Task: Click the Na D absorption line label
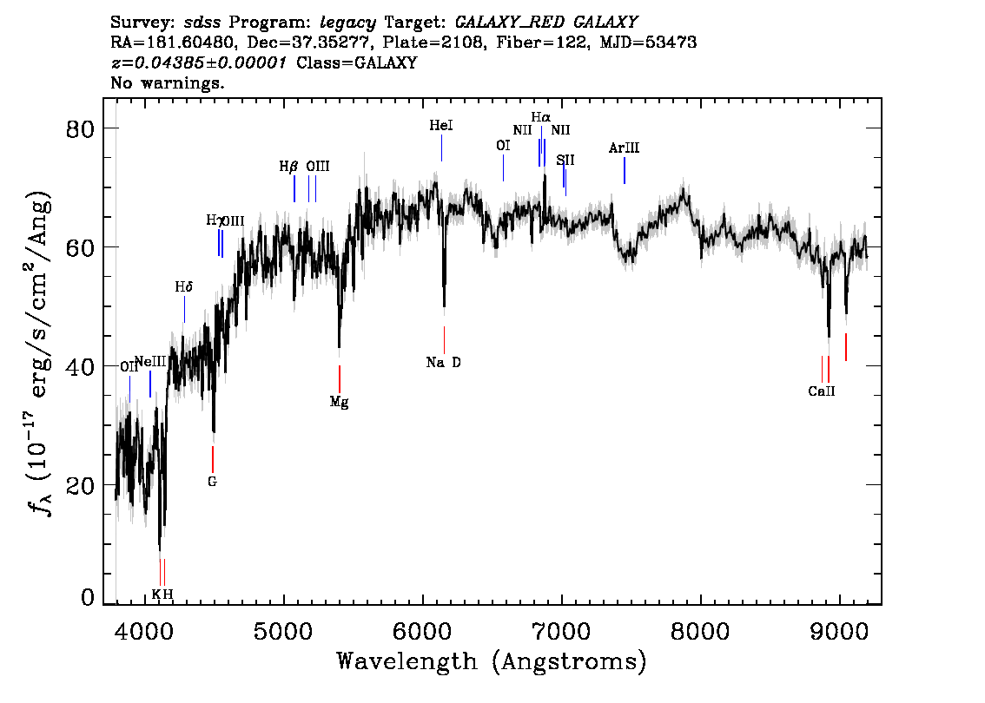click(x=443, y=362)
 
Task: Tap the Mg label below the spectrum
click(x=340, y=402)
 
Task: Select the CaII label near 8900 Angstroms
click(x=822, y=391)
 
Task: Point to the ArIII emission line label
click(x=624, y=148)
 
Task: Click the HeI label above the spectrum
click(x=441, y=126)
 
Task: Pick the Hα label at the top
click(x=541, y=117)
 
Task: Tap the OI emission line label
click(x=503, y=146)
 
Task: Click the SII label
click(x=565, y=160)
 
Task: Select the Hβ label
click(x=288, y=167)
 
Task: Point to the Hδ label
click(x=183, y=287)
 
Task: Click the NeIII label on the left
click(x=151, y=362)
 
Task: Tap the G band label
click(x=212, y=482)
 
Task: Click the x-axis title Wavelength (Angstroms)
click(x=492, y=661)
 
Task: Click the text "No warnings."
click(x=167, y=82)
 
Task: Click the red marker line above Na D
click(x=444, y=340)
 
